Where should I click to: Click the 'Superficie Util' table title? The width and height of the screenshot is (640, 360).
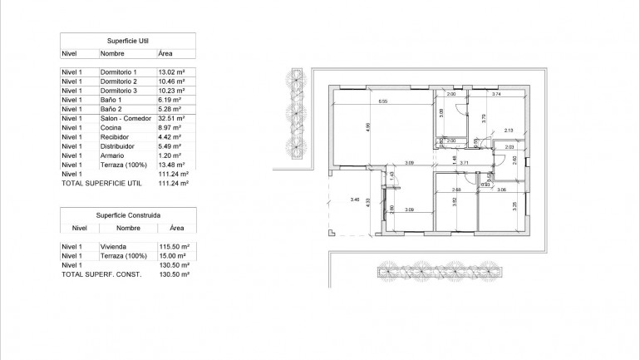pyautogui.click(x=128, y=40)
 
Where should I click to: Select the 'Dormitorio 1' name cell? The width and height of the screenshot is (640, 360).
pyautogui.click(x=117, y=73)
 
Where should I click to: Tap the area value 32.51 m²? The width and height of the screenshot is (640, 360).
pyautogui.click(x=170, y=119)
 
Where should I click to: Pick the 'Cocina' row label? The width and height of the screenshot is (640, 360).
pyautogui.click(x=111, y=128)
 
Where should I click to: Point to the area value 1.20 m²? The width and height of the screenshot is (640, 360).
pyautogui.click(x=169, y=155)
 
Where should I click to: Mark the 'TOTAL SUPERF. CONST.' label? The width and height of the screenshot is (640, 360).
pyautogui.click(x=101, y=274)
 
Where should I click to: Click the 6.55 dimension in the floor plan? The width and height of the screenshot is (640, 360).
pyautogui.click(x=382, y=101)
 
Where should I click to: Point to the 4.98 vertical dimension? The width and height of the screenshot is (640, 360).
pyautogui.click(x=367, y=127)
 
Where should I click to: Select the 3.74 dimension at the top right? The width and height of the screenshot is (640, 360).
pyautogui.click(x=495, y=95)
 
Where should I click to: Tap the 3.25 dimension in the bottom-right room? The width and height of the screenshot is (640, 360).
pyautogui.click(x=514, y=205)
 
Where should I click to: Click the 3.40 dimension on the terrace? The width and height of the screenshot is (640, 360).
pyautogui.click(x=356, y=200)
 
